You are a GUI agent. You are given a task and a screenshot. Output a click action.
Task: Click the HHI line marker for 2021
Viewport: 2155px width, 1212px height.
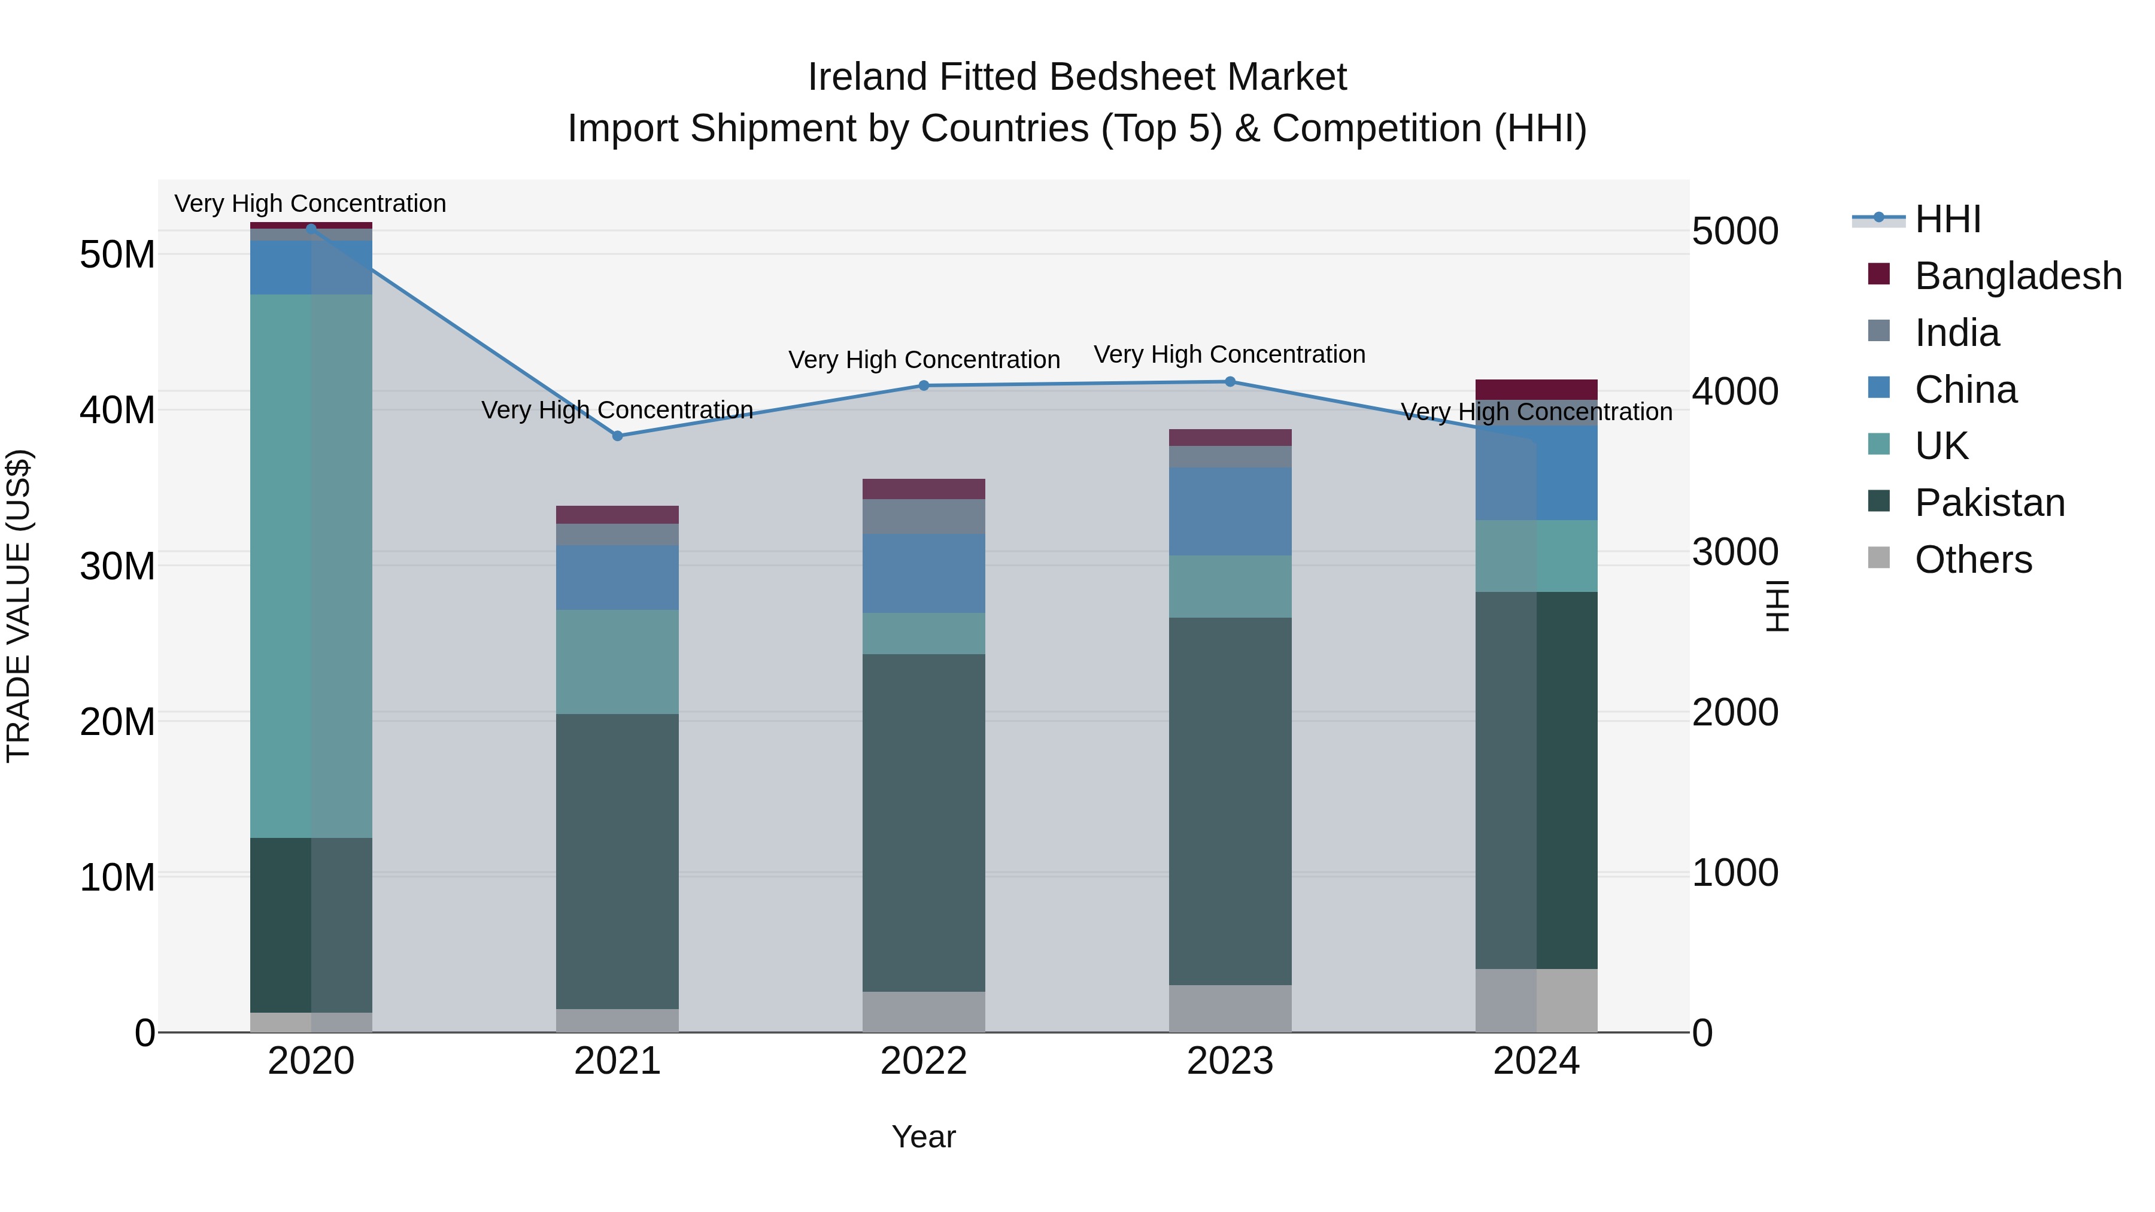click(617, 436)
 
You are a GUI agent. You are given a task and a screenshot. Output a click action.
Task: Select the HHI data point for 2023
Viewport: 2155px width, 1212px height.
click(1230, 381)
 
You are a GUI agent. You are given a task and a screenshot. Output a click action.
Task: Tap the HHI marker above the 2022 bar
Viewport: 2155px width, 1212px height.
click(924, 385)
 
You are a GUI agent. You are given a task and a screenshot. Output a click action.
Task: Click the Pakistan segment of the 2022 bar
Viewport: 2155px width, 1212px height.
click(924, 822)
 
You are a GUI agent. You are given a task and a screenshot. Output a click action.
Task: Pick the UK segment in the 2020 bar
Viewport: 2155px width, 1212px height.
click(311, 566)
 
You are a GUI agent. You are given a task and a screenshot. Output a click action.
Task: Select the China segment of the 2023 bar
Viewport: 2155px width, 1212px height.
click(1230, 511)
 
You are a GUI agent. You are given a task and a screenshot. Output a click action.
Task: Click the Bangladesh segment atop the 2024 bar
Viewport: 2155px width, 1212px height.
click(1536, 389)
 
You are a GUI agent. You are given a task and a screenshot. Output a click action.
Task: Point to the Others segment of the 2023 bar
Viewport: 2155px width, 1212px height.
click(1230, 1008)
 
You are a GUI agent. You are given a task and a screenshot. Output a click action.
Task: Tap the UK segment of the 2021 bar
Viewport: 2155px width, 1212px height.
click(617, 661)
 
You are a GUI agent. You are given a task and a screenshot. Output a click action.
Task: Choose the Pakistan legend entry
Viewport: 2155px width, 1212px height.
click(1989, 503)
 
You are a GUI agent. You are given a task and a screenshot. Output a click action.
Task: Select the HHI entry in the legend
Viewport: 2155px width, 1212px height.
click(1947, 219)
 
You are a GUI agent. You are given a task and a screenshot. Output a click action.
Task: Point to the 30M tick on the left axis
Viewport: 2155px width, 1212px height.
click(117, 566)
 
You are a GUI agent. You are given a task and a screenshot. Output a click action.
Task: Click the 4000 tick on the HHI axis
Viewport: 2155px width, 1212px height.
click(1735, 391)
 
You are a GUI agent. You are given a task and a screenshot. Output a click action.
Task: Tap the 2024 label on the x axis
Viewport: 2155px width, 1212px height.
click(1536, 1061)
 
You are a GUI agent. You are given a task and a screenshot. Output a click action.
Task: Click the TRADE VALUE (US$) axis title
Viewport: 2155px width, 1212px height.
click(19, 606)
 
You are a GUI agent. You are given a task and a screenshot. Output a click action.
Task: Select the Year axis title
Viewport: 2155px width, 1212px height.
click(924, 1137)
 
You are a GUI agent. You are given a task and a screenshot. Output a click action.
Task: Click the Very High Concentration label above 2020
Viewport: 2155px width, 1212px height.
click(310, 203)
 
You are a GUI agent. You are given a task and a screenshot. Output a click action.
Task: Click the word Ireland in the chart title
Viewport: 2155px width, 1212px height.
click(867, 77)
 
